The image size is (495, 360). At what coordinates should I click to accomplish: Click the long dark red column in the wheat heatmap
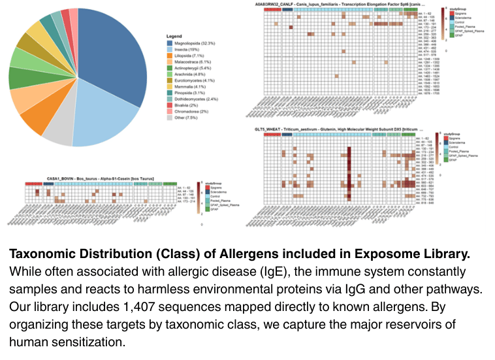(x=349, y=173)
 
